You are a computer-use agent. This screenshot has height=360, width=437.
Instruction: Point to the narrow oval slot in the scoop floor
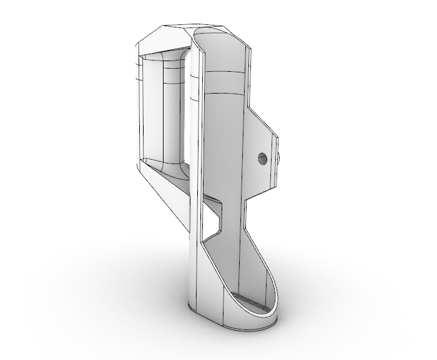point(252,305)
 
